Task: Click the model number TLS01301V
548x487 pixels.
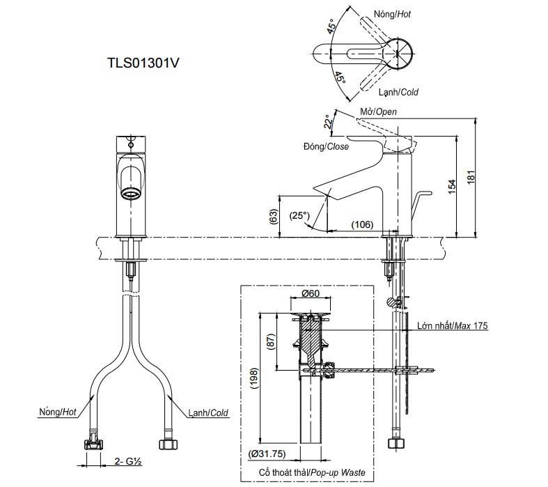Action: pyautogui.click(x=143, y=63)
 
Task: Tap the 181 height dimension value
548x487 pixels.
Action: pyautogui.click(x=471, y=177)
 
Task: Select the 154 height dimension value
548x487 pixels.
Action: pyautogui.click(x=452, y=187)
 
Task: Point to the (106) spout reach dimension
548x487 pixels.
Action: pyautogui.click(x=362, y=224)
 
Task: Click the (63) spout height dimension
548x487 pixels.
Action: pyautogui.click(x=274, y=217)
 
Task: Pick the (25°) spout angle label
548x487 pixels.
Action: pyautogui.click(x=299, y=215)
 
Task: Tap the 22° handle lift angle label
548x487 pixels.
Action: pyautogui.click(x=327, y=121)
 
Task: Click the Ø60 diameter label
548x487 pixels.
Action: pyautogui.click(x=311, y=293)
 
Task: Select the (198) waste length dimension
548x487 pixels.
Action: pyautogui.click(x=254, y=378)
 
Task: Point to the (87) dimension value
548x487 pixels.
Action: pyautogui.click(x=271, y=342)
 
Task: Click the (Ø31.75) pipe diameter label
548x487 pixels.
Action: pyautogui.click(x=267, y=454)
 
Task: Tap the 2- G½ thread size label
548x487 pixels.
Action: pyautogui.click(x=128, y=461)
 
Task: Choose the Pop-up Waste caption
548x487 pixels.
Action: pyautogui.click(x=338, y=472)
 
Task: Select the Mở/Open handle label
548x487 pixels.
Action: pyautogui.click(x=379, y=112)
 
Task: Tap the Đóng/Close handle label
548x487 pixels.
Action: pyautogui.click(x=326, y=146)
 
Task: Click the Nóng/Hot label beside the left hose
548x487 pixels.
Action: pyautogui.click(x=57, y=412)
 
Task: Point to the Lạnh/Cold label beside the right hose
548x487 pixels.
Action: pyautogui.click(x=208, y=413)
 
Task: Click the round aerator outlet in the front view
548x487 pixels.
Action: pyautogui.click(x=131, y=193)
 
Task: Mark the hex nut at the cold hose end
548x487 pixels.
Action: pyautogui.click(x=168, y=445)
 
